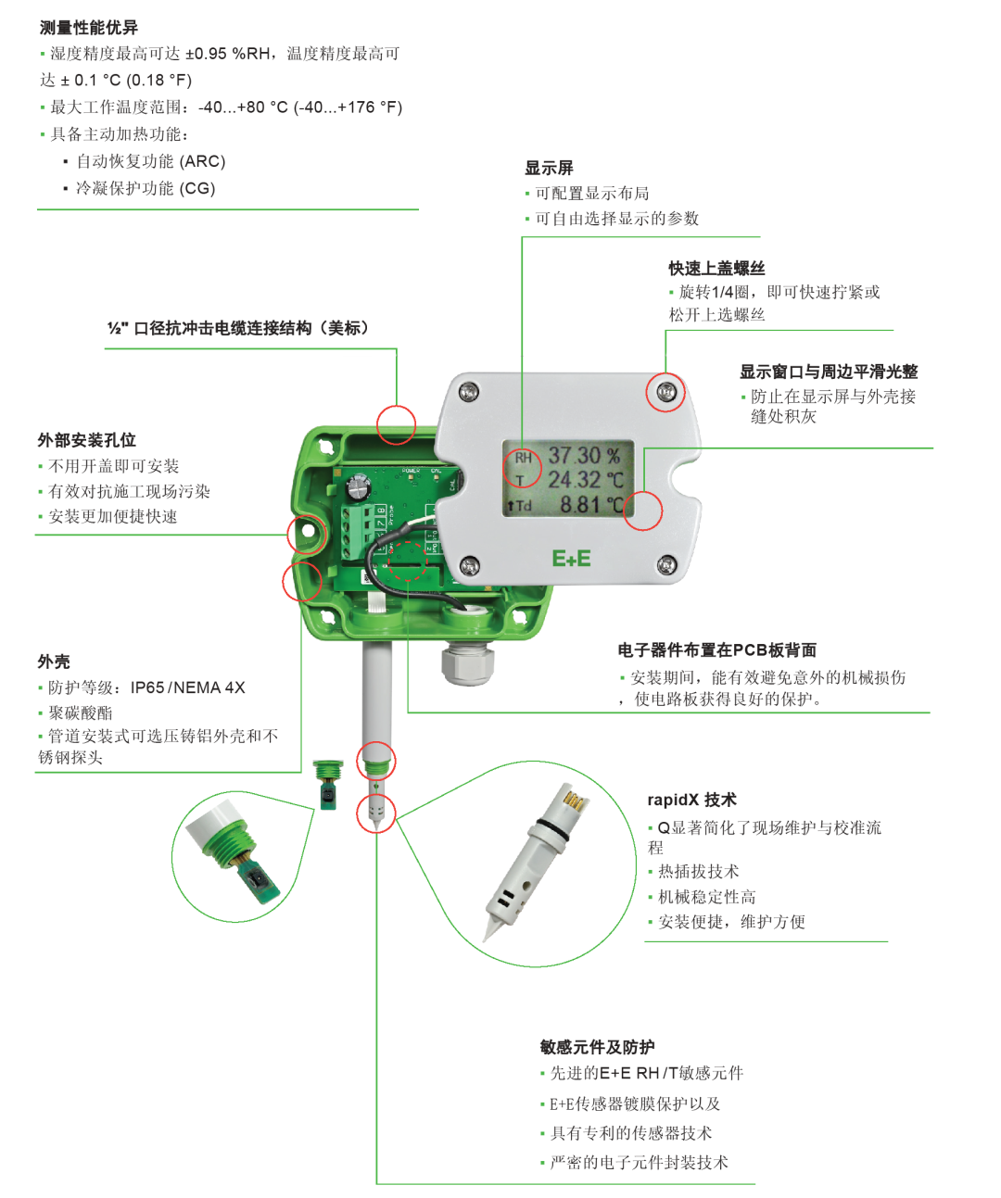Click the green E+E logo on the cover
pos(571,559)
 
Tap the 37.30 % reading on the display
pos(584,456)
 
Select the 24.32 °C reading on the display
pos(586,480)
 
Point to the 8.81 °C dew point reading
pos(591,505)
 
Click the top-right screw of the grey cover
pos(665,393)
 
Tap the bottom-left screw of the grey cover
pos(470,565)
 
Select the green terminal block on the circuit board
pos(354,532)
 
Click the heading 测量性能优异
pos(88,28)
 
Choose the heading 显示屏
pos(549,168)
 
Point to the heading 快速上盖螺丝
pos(716,269)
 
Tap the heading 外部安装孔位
pos(87,440)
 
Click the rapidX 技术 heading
pos(691,800)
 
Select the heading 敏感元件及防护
pos(597,1047)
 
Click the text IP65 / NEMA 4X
pos(187,687)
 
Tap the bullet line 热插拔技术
pos(698,872)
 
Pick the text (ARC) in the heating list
pos(202,161)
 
